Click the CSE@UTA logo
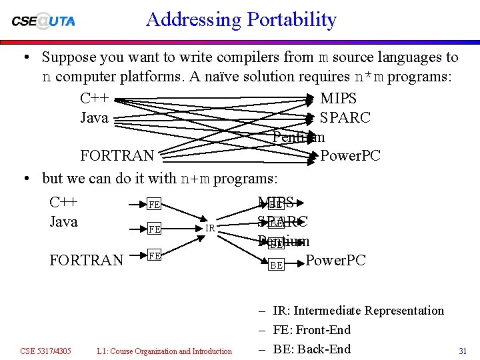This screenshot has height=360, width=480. point(43,20)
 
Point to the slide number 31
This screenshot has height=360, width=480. point(463,351)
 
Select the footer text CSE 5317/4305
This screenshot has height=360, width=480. point(45,351)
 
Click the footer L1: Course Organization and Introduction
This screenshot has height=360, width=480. point(164,351)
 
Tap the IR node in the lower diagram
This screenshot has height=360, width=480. point(209,228)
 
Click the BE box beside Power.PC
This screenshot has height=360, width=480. point(276,265)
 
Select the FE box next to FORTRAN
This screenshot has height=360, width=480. point(153,255)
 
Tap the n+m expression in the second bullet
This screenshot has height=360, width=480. point(195,179)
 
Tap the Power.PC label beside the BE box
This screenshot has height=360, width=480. point(335,260)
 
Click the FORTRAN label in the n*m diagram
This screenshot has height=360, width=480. point(117,156)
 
